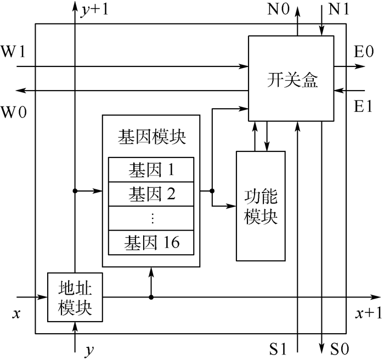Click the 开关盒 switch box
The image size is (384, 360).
pos(291,79)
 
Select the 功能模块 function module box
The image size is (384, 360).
pos(261,205)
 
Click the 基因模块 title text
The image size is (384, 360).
pos(151,137)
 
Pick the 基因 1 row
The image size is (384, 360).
pos(151,170)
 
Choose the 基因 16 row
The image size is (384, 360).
pos(151,242)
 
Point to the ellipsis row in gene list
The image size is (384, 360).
pos(151,217)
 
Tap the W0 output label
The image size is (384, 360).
pos(12,113)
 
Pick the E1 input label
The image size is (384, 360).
pos(364,106)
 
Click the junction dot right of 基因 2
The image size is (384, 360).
pos(212,191)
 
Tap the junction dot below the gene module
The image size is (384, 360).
pos(151,297)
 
